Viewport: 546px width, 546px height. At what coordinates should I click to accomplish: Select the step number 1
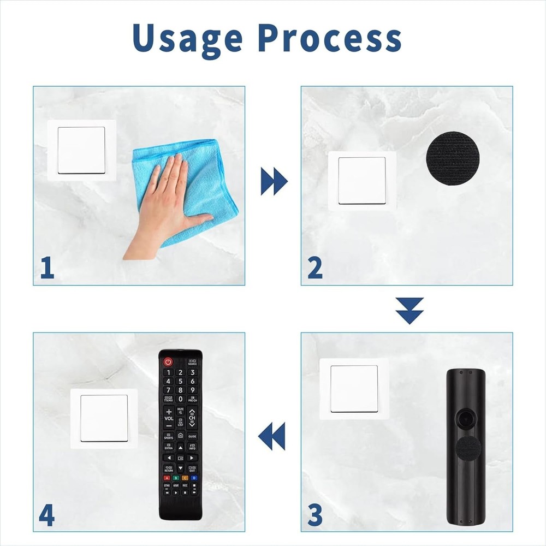[x=48, y=269]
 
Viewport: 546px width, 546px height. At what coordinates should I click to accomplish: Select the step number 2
[x=315, y=269]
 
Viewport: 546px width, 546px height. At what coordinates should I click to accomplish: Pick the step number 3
[x=315, y=515]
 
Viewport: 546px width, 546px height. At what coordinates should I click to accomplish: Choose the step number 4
[x=47, y=515]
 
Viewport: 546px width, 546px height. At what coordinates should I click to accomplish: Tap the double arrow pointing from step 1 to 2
[x=274, y=181]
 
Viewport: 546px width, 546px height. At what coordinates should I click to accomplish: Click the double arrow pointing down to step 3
[x=410, y=310]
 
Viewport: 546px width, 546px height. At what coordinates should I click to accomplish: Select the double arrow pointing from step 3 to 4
[x=272, y=436]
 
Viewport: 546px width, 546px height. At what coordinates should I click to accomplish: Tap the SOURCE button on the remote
[x=192, y=362]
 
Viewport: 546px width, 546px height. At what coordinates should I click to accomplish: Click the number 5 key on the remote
[x=180, y=381]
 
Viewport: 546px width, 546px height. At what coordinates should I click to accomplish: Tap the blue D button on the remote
[x=193, y=478]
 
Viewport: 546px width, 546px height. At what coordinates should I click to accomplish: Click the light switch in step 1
[x=81, y=150]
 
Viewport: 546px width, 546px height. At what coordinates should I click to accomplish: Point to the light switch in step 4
[x=104, y=418]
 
